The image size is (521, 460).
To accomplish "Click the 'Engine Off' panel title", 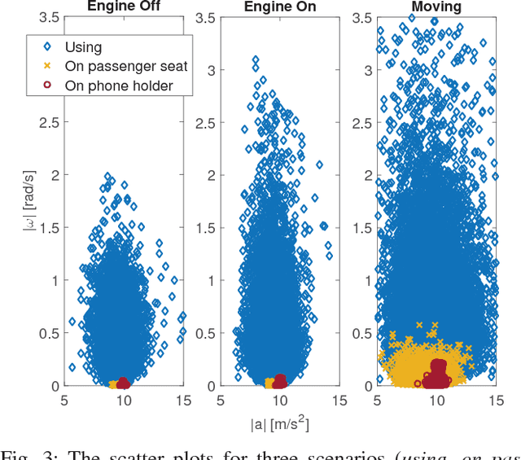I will pyautogui.click(x=125, y=7).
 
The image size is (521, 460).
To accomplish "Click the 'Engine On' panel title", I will pyautogui.click(x=281, y=7).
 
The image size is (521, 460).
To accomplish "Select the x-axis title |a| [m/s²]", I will pyautogui.click(x=279, y=423).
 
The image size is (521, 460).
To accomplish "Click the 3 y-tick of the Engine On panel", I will pyautogui.click(x=210, y=70).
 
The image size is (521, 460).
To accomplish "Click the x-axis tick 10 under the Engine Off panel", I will pyautogui.click(x=124, y=401).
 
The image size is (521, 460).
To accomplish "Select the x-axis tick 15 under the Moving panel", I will pyautogui.click(x=494, y=401).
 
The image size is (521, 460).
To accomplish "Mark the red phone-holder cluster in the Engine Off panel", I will pyautogui.click(x=123, y=383).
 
